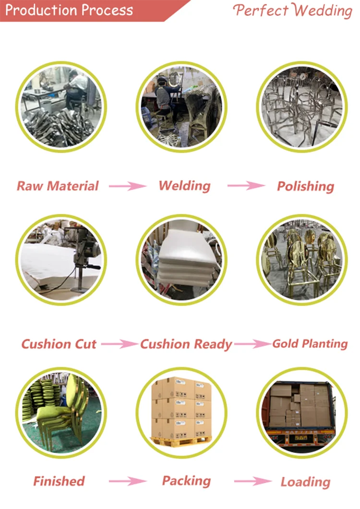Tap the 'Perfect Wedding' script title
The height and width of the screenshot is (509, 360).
click(x=293, y=11)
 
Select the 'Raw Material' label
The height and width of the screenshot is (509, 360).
click(x=58, y=186)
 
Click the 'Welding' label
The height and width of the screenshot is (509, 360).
click(x=184, y=186)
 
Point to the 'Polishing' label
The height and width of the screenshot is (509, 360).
click(x=305, y=186)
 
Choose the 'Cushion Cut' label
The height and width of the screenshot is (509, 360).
click(x=59, y=344)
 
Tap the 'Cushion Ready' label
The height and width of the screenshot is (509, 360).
click(x=186, y=344)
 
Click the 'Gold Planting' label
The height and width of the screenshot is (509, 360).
click(x=310, y=343)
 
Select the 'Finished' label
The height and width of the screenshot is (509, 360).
click(x=59, y=481)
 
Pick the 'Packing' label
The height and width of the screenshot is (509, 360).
click(x=186, y=481)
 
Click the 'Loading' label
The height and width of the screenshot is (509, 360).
click(x=305, y=482)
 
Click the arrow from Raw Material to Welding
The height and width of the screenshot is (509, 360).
click(x=127, y=186)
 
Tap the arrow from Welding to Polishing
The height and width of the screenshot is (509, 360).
click(x=246, y=186)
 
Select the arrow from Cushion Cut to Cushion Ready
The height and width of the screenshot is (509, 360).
click(x=119, y=344)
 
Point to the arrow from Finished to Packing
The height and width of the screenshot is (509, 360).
click(x=127, y=481)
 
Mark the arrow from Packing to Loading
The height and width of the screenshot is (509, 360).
click(x=252, y=481)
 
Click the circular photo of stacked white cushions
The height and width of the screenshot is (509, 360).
click(x=181, y=260)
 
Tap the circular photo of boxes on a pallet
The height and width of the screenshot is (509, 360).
click(x=181, y=412)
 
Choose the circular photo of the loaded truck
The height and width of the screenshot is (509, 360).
click(x=301, y=412)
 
